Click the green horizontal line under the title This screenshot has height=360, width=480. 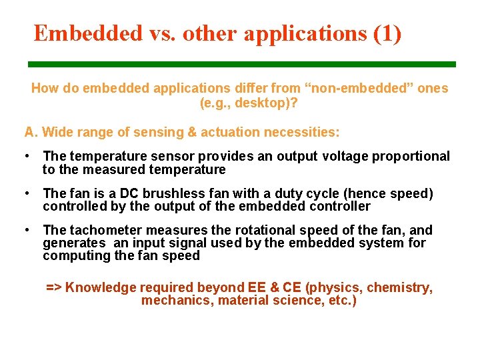[241, 64]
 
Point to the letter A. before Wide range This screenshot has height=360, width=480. [29, 132]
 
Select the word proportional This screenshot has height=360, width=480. [411, 156]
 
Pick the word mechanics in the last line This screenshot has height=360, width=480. [170, 300]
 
